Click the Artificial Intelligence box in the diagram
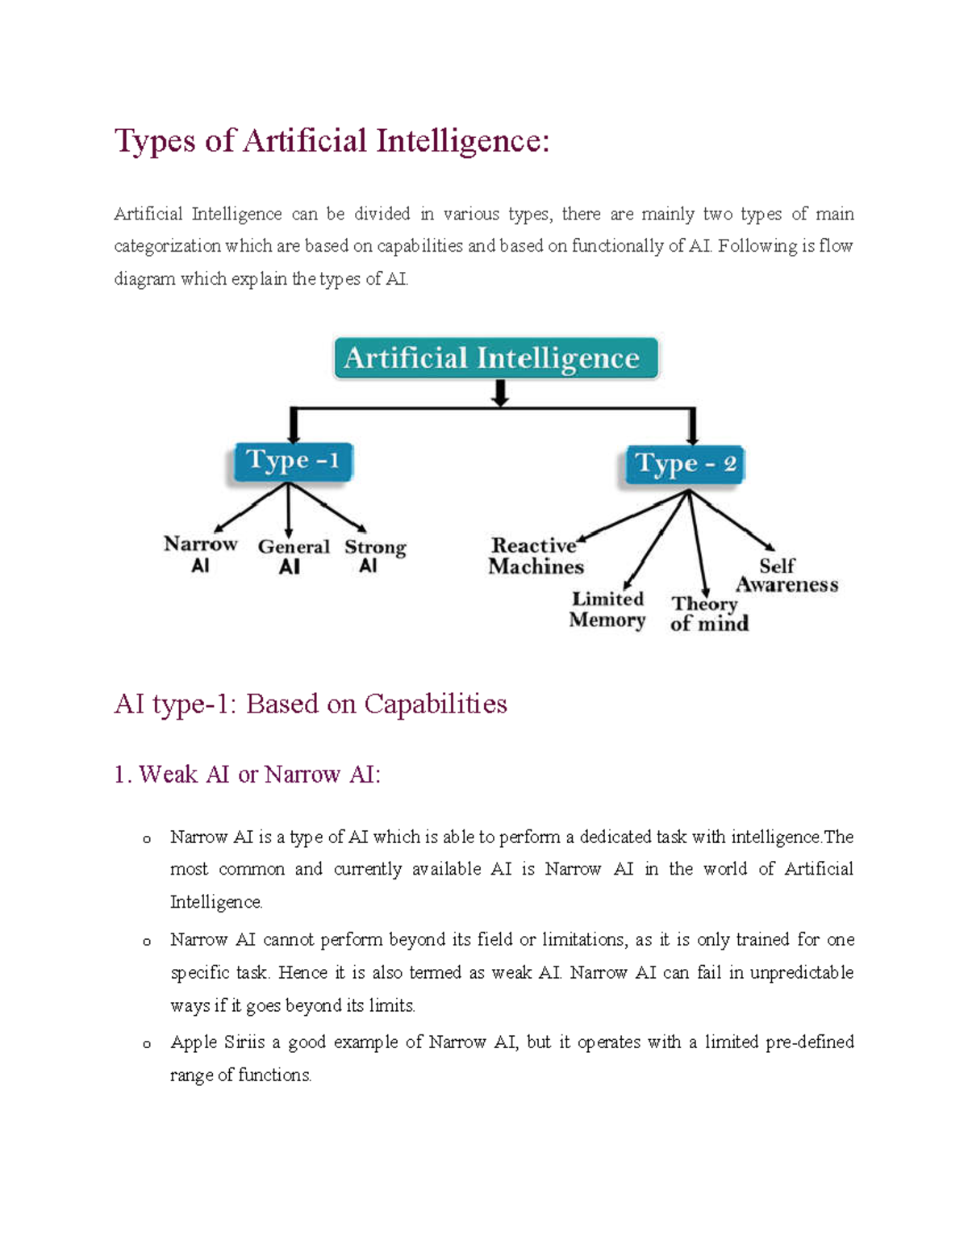pos(496,358)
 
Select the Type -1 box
pos(292,462)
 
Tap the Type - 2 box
pos(685,465)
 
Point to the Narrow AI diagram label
pos(200,553)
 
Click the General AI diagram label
pos(293,556)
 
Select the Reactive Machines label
pos(535,556)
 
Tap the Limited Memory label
pos(607,609)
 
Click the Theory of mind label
pos(708,613)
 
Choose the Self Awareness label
pos(786,574)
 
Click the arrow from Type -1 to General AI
pos(289,512)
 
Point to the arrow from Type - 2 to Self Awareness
pos(732,520)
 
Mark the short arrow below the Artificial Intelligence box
pos(500,393)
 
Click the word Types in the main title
pos(155,141)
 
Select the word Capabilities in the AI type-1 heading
pos(436,704)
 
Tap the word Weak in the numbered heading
pos(168,775)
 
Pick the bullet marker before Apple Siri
pos(146,1044)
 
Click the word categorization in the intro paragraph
pos(167,246)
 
